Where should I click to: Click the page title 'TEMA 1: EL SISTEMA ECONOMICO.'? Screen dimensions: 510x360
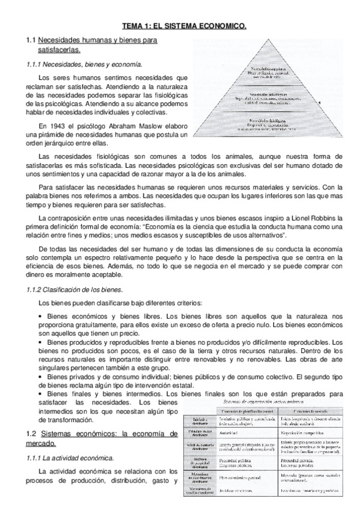pyautogui.click(x=184, y=26)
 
